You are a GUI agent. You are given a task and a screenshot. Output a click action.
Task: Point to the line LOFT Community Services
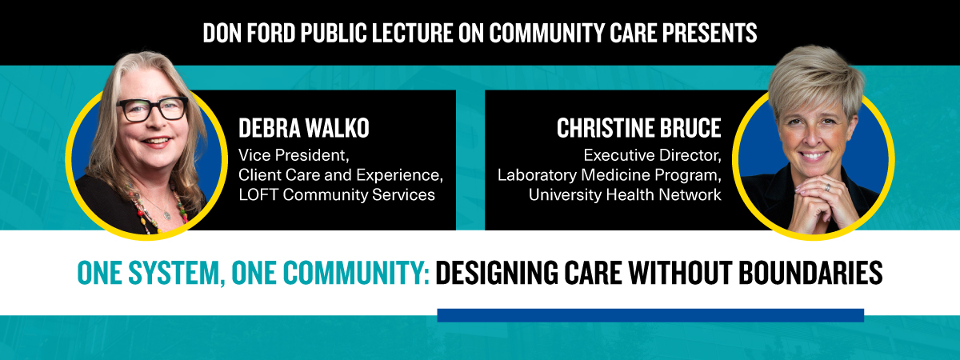336,195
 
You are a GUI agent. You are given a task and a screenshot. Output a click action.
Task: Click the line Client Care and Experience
340,174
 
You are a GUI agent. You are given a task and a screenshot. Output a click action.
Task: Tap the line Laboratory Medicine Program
610,174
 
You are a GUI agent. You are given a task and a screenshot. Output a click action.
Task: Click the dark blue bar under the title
650,315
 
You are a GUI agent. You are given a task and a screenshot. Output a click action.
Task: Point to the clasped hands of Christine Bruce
803,201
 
